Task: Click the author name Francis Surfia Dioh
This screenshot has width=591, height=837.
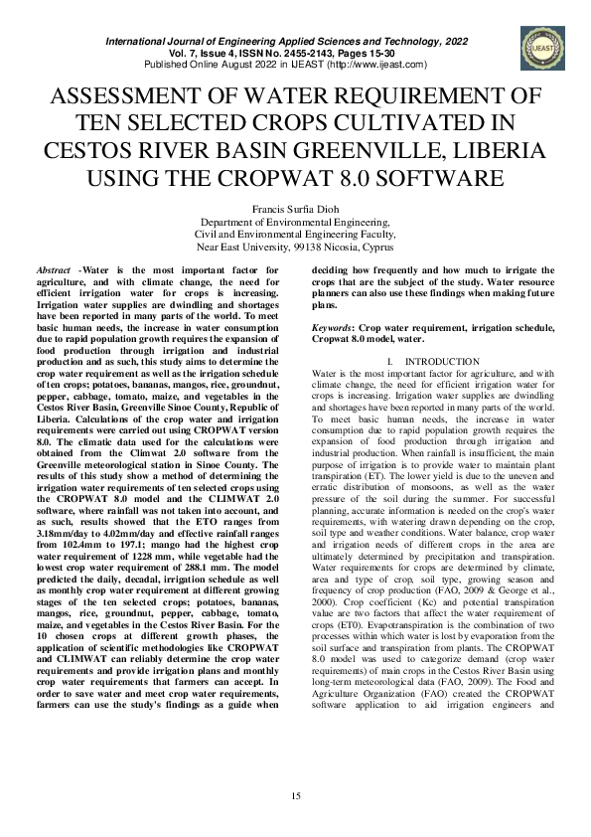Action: pos(295,210)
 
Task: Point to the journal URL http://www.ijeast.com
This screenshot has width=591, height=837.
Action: pos(383,65)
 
